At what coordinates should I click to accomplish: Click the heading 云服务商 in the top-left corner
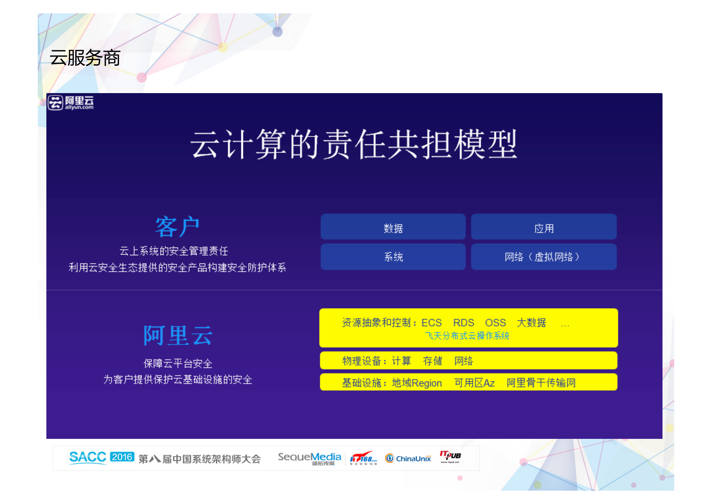(x=85, y=58)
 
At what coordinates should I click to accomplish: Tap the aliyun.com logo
(x=71, y=103)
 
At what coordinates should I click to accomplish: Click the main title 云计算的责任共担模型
(x=354, y=144)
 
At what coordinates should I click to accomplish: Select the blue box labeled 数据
(x=393, y=228)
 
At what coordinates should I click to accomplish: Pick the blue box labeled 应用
(x=543, y=228)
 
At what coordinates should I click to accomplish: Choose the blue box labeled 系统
(x=393, y=256)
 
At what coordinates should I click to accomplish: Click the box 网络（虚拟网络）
(x=543, y=256)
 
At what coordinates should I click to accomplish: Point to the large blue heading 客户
(x=177, y=227)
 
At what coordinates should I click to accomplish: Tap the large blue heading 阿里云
(x=178, y=336)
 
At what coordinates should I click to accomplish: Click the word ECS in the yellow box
(x=431, y=323)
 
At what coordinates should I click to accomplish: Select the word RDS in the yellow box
(x=463, y=323)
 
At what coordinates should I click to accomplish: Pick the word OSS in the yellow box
(x=495, y=323)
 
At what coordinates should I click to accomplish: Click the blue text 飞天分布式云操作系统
(x=467, y=336)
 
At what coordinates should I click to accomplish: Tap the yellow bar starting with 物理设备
(x=468, y=361)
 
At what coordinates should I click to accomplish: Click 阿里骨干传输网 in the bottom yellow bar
(x=541, y=383)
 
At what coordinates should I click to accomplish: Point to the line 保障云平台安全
(x=178, y=363)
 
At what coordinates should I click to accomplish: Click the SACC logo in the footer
(x=88, y=458)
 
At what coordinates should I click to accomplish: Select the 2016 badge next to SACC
(x=122, y=457)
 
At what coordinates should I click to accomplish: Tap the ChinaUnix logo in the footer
(x=408, y=458)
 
